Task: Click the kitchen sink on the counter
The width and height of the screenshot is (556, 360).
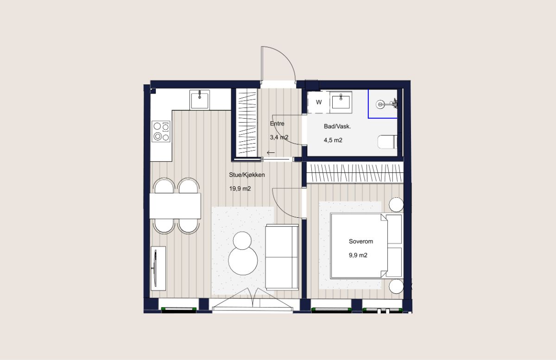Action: pos(200,100)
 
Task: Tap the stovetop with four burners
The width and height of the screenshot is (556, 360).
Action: pos(161,131)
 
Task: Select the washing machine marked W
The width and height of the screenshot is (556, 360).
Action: pos(318,102)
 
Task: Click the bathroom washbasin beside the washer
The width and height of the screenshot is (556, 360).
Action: pos(341,102)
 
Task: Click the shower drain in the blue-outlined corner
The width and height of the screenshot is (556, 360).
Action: pos(380,104)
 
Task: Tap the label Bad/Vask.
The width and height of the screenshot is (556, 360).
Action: pos(337,126)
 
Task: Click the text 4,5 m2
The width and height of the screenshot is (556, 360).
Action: pos(333,140)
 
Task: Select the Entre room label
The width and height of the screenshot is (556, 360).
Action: pos(277,124)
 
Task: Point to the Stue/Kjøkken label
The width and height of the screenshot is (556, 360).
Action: pos(246,175)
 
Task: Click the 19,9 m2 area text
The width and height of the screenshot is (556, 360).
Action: pos(240,189)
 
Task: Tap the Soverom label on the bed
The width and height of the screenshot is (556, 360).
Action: pos(361,241)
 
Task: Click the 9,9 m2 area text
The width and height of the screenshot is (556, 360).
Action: pos(358,255)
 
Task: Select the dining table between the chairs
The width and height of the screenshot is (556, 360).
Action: pos(175,206)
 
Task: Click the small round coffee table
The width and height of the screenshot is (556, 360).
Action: pos(242,240)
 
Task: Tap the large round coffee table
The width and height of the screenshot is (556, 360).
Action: pos(243,261)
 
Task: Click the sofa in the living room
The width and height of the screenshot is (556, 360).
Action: pos(282,257)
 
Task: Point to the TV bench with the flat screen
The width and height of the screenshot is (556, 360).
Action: pos(158,268)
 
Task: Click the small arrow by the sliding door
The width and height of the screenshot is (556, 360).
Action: pos(271,153)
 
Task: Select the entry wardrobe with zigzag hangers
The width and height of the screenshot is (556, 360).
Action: pos(247,123)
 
